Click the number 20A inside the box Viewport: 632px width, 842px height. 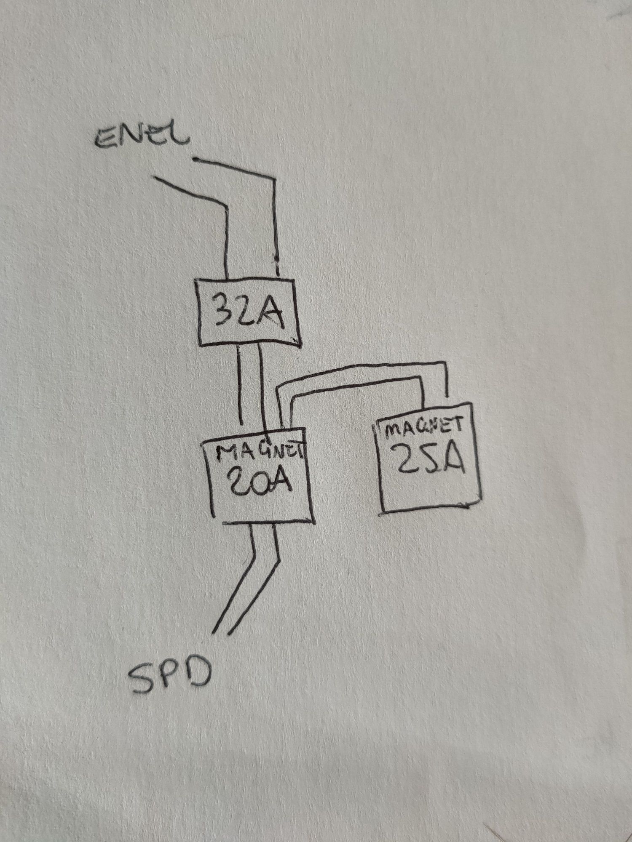coord(260,480)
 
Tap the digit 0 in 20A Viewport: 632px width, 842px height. coord(257,480)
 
